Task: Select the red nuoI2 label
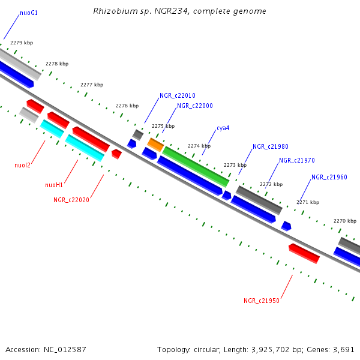tap(23, 165)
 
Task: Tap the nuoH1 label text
tap(54, 185)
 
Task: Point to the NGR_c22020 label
tap(71, 200)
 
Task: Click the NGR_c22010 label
tap(177, 95)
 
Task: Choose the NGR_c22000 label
tap(194, 106)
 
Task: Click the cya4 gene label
tap(223, 128)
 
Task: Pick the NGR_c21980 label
tap(270, 146)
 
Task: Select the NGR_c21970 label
tap(296, 160)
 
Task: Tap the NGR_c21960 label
tap(329, 177)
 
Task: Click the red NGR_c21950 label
tap(261, 301)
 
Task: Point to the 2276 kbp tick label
tap(127, 106)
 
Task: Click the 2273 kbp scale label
tap(235, 165)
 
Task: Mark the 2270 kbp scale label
tap(344, 221)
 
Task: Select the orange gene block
tap(156, 145)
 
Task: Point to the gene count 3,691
tap(343, 349)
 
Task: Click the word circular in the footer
tap(208, 349)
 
